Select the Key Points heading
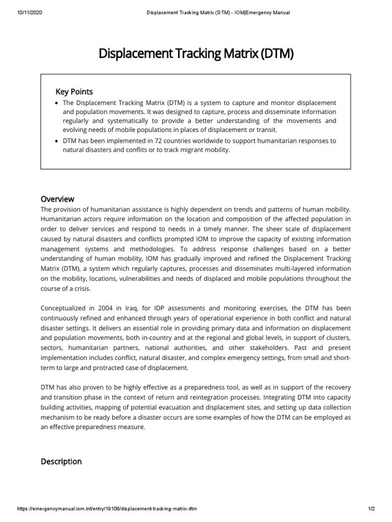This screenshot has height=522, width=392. coord(74,92)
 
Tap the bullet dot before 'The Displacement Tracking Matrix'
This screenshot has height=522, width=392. coord(56,103)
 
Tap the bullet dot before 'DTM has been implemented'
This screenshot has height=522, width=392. coord(56,141)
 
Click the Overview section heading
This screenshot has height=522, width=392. coord(57,199)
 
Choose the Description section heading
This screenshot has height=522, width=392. coord(61,461)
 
